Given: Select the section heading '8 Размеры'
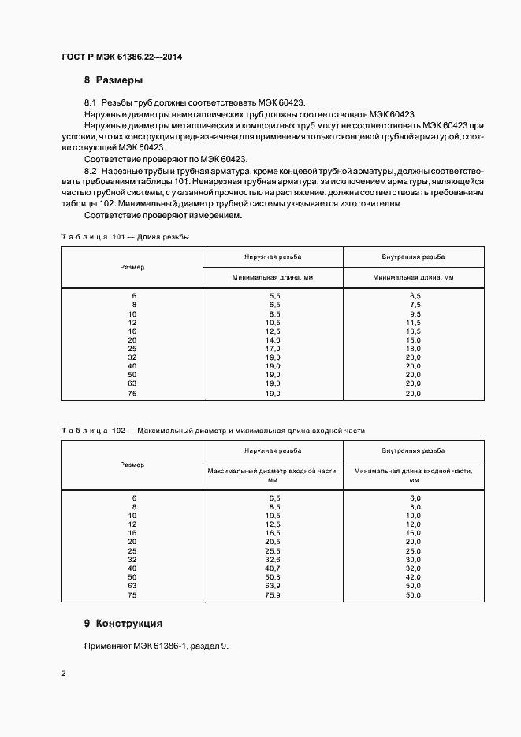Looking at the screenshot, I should pyautogui.click(x=113, y=80).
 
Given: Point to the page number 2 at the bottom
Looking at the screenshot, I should pyautogui.click(x=64, y=674).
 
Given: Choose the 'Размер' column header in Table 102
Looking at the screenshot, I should pyautogui.click(x=132, y=465).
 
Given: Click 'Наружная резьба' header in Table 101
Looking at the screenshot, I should pyautogui.click(x=274, y=257).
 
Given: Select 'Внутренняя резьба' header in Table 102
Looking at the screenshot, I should pyautogui.click(x=413, y=450).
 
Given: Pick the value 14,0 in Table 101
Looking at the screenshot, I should pyautogui.click(x=274, y=339).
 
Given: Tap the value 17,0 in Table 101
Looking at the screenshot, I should pyautogui.click(x=274, y=348).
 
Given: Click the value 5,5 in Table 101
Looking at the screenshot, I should pyautogui.click(x=274, y=294).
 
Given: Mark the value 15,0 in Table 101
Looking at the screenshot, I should pyautogui.click(x=413, y=339).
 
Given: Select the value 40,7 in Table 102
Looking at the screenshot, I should pyautogui.click(x=274, y=568).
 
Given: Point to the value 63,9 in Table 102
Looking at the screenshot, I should pyautogui.click(x=274, y=587).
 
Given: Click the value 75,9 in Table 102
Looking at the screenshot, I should pyautogui.click(x=274, y=595).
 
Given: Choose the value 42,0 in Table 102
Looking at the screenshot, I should pyautogui.click(x=413, y=578).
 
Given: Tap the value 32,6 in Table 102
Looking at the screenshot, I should pyautogui.click(x=274, y=560).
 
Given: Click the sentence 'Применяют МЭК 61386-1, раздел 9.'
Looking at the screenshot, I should pyautogui.click(x=156, y=646).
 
